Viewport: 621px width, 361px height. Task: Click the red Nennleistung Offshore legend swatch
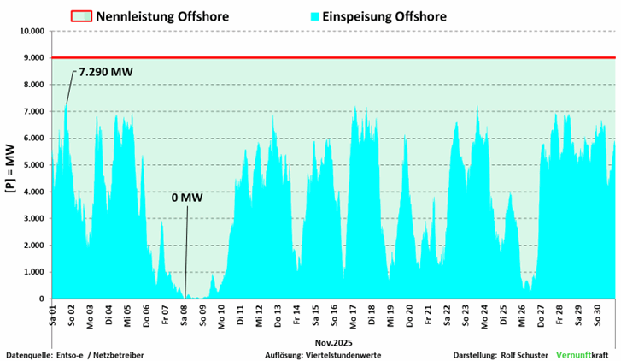pos(80,16)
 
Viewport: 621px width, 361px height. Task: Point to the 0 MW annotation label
pos(187,198)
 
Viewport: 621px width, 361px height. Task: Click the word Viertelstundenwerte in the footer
pos(343,353)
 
